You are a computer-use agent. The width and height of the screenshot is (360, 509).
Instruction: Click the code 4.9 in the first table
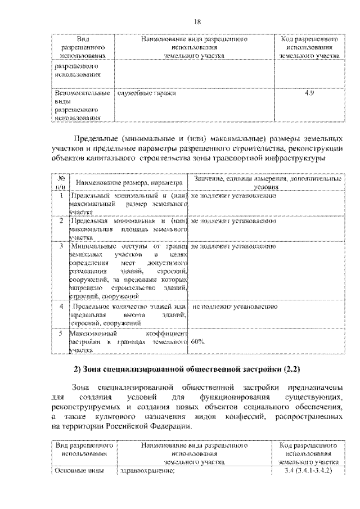click(x=309, y=93)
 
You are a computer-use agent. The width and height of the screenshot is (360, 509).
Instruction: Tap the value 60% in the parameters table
click(x=197, y=341)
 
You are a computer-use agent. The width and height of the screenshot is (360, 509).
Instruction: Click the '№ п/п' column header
click(x=61, y=182)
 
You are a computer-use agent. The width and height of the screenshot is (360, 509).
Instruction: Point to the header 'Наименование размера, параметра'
click(x=129, y=183)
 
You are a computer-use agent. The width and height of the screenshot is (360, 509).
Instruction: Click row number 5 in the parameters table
click(x=61, y=333)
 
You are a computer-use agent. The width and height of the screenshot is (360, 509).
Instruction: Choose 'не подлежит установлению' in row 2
click(x=233, y=221)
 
